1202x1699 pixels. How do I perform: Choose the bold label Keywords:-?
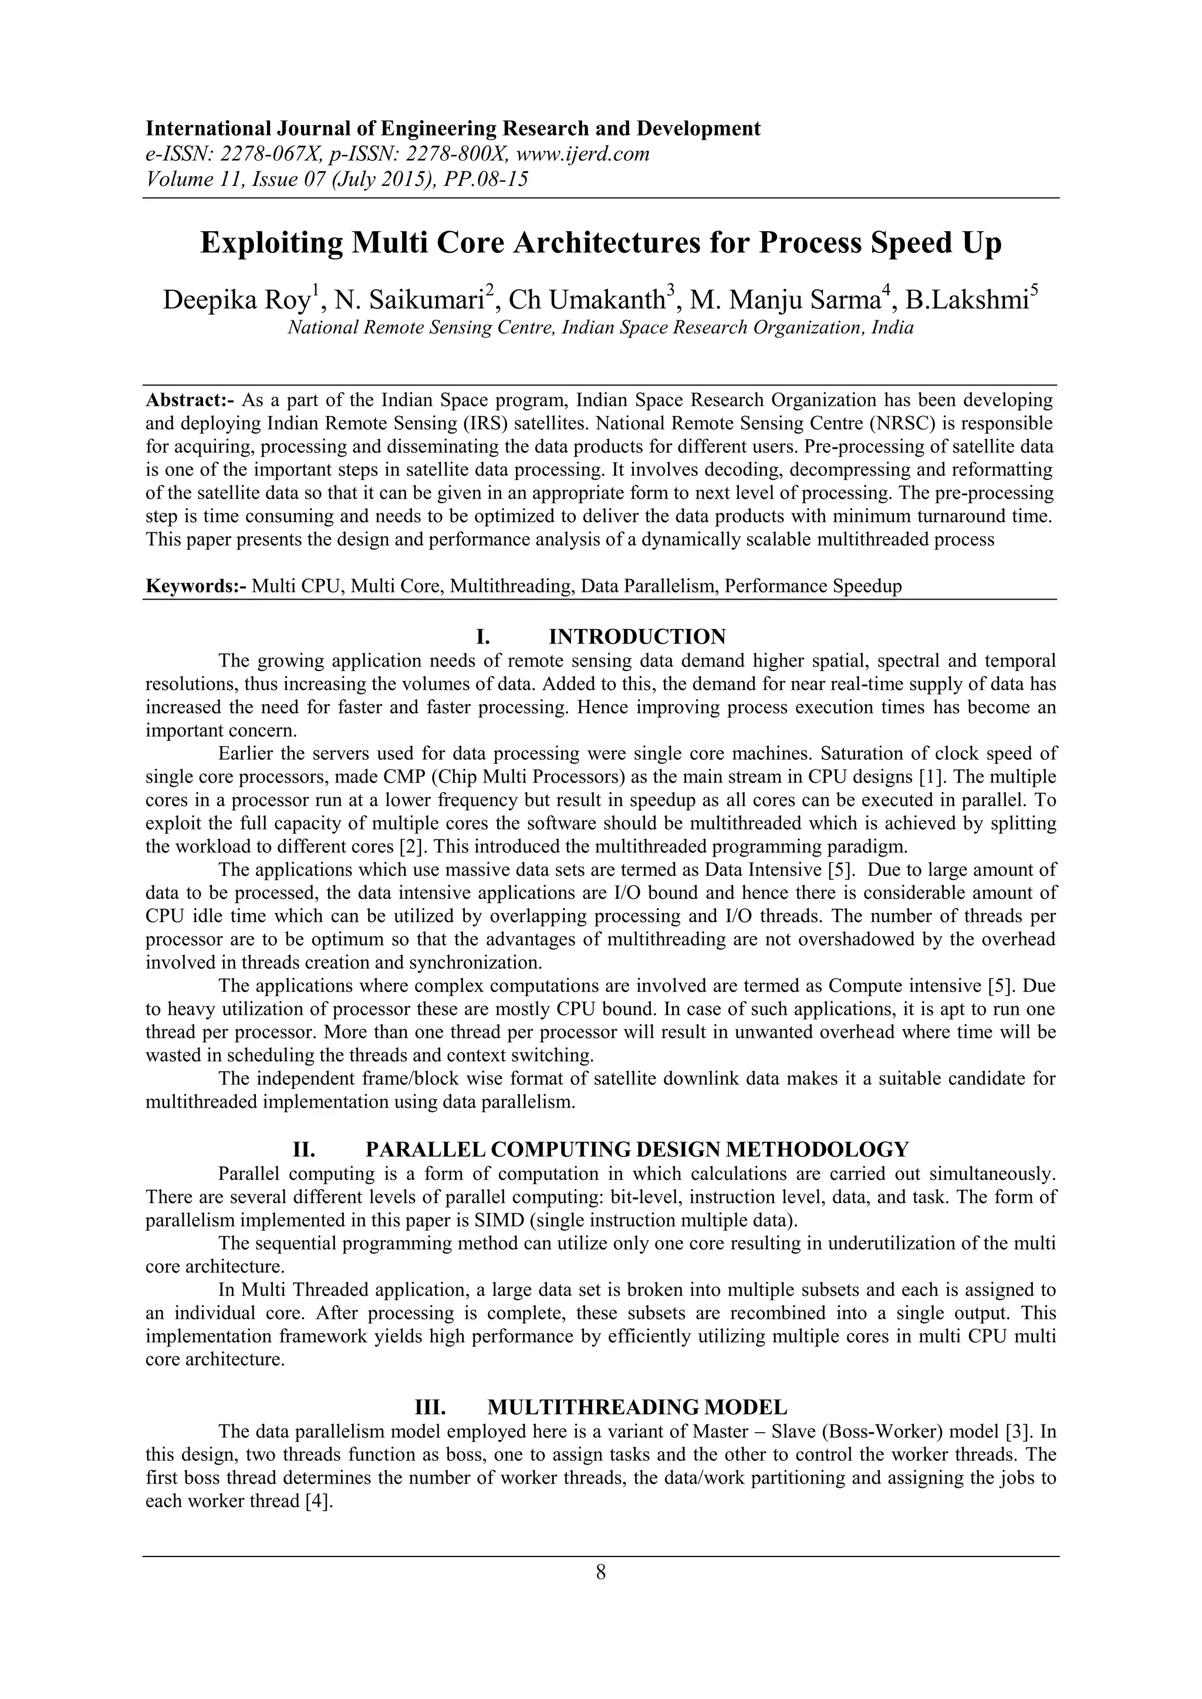(195, 586)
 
